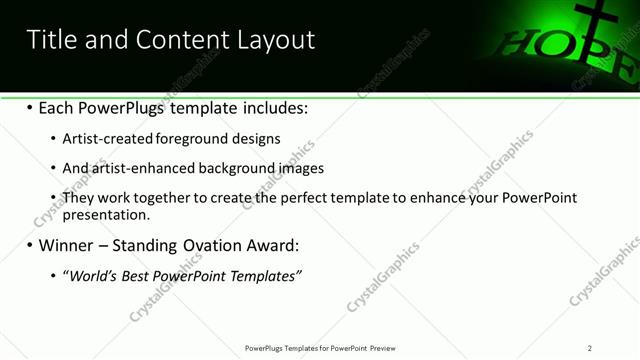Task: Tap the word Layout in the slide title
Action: pos(275,40)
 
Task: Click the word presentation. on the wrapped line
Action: pos(106,215)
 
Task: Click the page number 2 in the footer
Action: pos(590,348)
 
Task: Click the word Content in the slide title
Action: pos(191,40)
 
